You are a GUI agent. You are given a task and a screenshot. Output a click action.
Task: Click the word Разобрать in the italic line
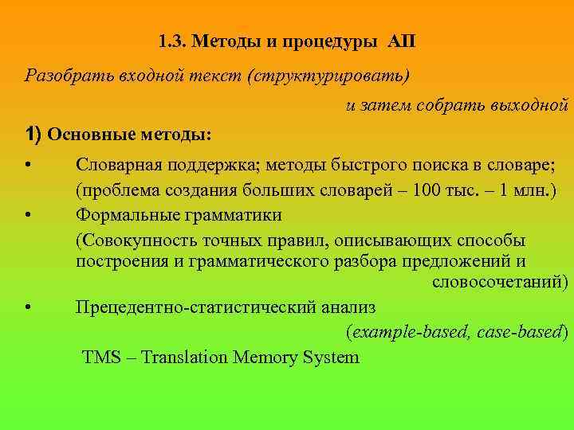pyautogui.click(x=57, y=76)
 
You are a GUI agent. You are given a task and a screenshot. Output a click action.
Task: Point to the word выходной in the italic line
pyautogui.click(x=529, y=105)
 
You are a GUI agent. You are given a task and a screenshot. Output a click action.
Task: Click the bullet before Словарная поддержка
pyautogui.click(x=28, y=166)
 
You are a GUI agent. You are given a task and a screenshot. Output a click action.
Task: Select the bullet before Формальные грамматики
pyautogui.click(x=28, y=216)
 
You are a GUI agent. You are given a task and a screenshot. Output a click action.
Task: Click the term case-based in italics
pyautogui.click(x=523, y=332)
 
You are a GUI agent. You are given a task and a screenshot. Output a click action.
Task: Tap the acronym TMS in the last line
pyautogui.click(x=100, y=357)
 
